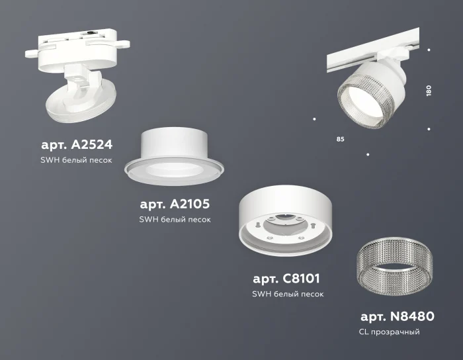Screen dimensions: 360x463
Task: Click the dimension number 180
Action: pos(429,91)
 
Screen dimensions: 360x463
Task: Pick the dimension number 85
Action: pos(340,140)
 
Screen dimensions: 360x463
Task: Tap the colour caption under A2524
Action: pos(74,160)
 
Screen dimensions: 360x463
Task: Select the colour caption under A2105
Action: pos(175,220)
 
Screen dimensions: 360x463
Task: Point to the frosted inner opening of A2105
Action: pos(173,170)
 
